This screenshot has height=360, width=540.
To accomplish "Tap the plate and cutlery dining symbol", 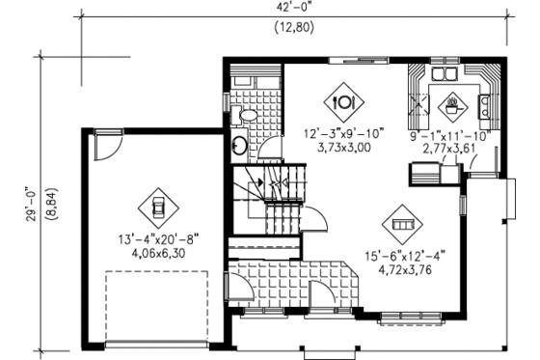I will pos(343,98).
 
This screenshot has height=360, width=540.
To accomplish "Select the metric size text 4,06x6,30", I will pos(158,253).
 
